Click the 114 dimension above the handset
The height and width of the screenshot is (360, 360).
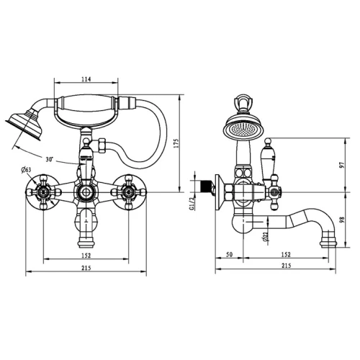tap(86, 79)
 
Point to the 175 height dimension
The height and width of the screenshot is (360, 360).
tap(176, 143)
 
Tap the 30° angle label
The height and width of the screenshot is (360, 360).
tap(50, 159)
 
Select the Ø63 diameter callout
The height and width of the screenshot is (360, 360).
tap(26, 170)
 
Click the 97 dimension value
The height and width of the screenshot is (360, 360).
tap(342, 165)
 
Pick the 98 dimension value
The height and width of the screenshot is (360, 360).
tap(342, 220)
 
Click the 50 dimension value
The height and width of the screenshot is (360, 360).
tap(230, 254)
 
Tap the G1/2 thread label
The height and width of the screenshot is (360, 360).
tap(192, 204)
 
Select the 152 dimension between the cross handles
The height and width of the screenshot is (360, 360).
tap(86, 256)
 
